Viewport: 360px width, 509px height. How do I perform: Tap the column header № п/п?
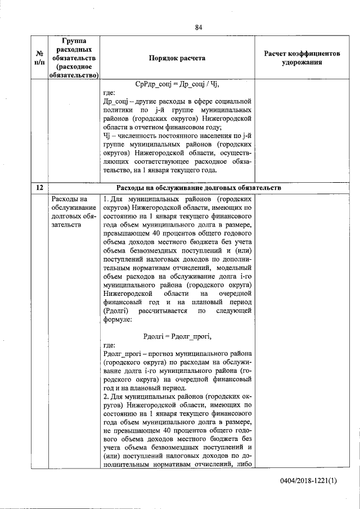pyautogui.click(x=39, y=58)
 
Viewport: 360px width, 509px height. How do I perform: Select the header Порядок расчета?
pyautogui.click(x=177, y=58)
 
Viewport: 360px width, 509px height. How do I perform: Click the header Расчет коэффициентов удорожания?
pyautogui.click(x=302, y=58)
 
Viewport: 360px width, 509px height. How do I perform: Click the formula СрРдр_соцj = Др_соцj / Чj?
pyautogui.click(x=177, y=84)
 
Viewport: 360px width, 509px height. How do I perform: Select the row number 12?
pyautogui.click(x=39, y=187)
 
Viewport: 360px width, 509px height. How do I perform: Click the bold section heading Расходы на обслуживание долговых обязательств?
pyautogui.click(x=198, y=187)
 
